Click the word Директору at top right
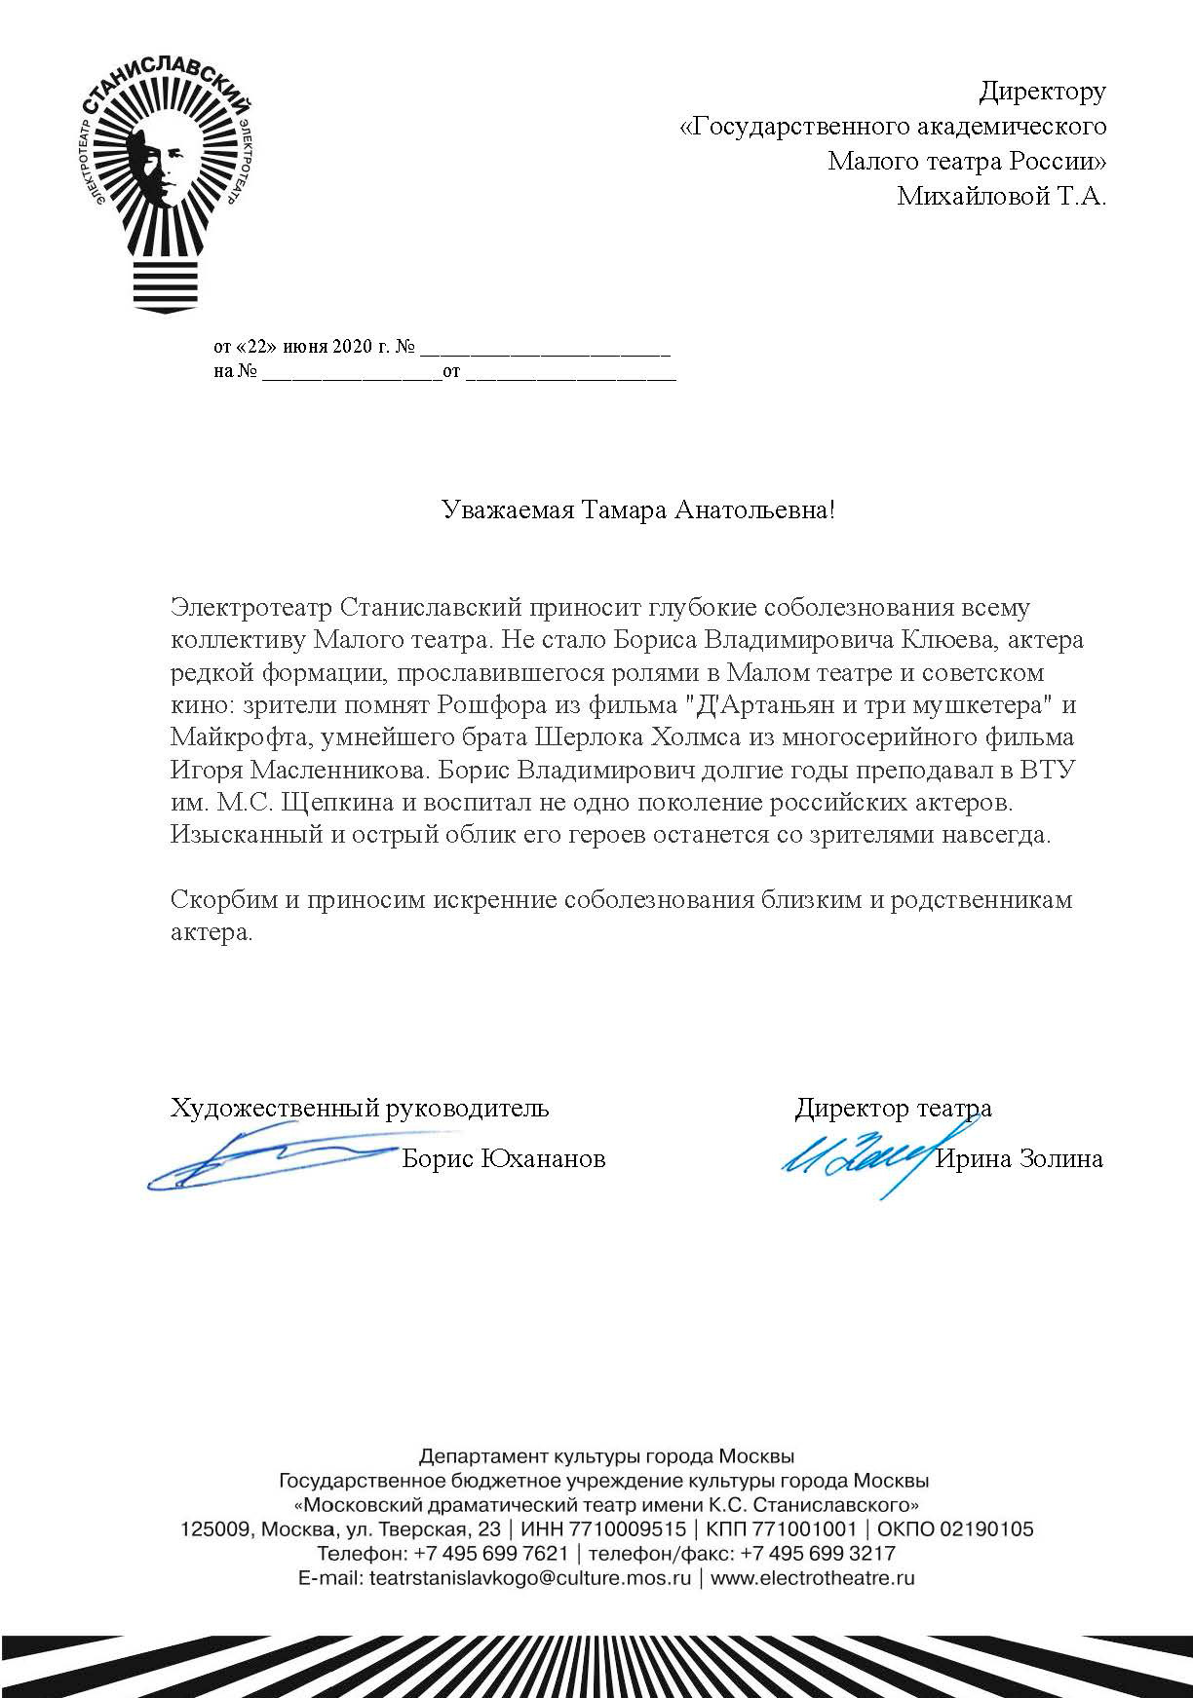tap(1042, 92)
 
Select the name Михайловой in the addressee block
tap(969, 196)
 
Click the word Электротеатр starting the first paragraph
tap(252, 607)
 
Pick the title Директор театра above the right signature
tap(893, 1108)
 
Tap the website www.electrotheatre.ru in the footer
tap(813, 1578)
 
